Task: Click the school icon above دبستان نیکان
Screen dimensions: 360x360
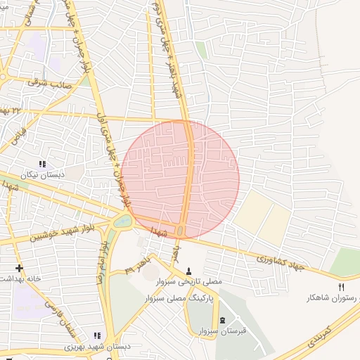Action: (42, 164)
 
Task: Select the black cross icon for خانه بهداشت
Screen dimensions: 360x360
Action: (19, 268)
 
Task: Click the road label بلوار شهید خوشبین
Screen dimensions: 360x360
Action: (64, 233)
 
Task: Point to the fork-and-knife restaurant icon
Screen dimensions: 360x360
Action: (342, 287)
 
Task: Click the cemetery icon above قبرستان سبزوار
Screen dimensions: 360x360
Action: (223, 320)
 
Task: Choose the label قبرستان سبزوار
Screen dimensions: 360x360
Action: (222, 330)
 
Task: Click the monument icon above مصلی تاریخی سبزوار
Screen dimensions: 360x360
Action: (188, 271)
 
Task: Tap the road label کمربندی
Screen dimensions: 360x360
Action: (321, 340)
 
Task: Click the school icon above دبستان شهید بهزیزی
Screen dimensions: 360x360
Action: (97, 336)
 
